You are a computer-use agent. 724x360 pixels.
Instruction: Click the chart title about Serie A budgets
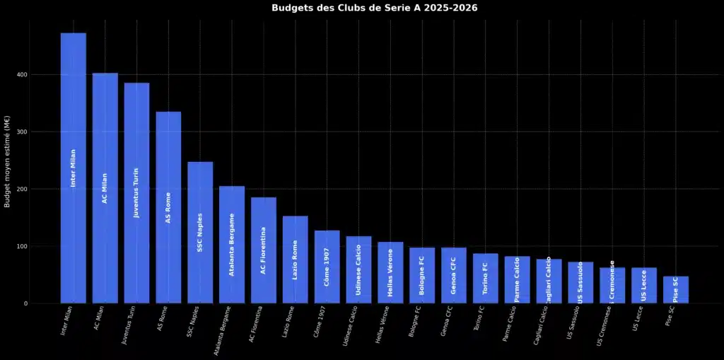coord(374,8)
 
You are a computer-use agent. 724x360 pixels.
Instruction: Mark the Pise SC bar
coord(675,290)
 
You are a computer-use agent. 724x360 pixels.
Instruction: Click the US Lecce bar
coord(643,286)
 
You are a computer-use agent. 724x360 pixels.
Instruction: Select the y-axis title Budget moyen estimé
coord(7,162)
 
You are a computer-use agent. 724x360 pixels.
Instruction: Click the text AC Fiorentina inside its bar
coord(263,250)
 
